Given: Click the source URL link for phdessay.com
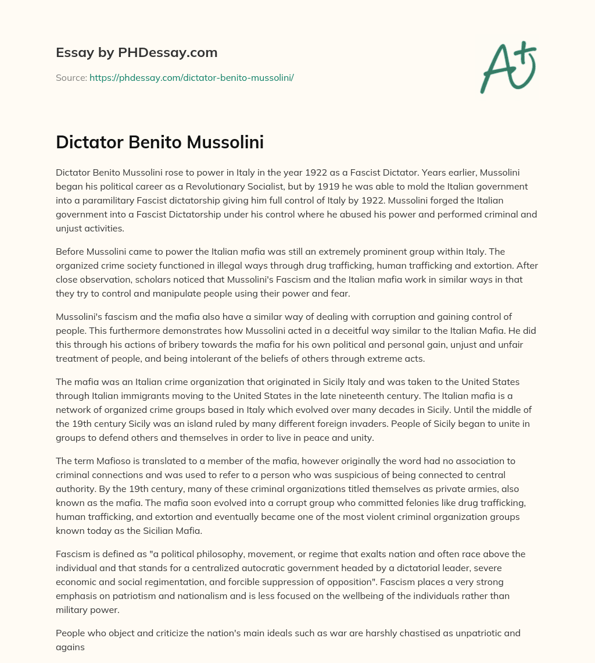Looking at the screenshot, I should tap(191, 77).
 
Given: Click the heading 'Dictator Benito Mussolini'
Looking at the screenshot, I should tap(160, 142).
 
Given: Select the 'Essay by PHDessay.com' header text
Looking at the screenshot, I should tap(137, 52).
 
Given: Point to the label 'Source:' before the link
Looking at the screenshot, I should tap(71, 77).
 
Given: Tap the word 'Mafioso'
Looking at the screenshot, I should tap(116, 461).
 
